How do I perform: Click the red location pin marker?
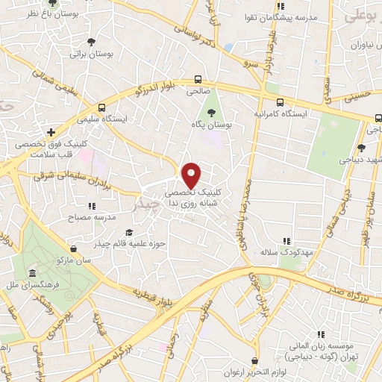pyautogui.click(x=192, y=175)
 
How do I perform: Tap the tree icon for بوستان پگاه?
pyautogui.click(x=213, y=112)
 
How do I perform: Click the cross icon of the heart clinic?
pyautogui.click(x=49, y=131)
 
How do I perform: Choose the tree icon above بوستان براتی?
pyautogui.click(x=91, y=42)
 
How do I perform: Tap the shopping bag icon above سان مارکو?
pyautogui.click(x=72, y=248)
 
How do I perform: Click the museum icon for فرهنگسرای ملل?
pyautogui.click(x=31, y=274)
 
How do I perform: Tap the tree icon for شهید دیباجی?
pyautogui.click(x=361, y=148)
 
